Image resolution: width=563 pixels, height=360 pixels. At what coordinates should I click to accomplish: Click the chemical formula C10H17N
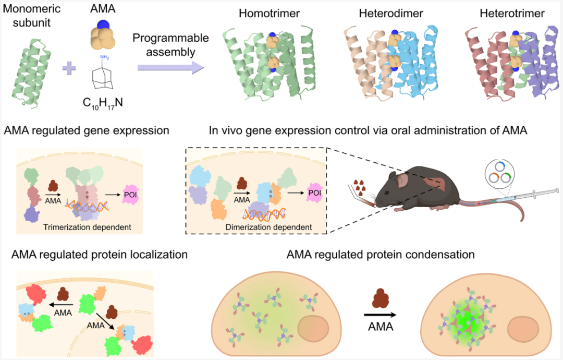[x=103, y=103]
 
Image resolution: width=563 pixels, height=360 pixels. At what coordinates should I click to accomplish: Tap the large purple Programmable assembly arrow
[x=170, y=67]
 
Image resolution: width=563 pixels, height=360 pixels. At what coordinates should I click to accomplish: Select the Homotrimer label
[x=270, y=13]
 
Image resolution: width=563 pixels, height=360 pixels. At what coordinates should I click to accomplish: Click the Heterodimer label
[x=391, y=13]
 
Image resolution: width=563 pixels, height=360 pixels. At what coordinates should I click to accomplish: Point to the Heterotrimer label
[x=512, y=13]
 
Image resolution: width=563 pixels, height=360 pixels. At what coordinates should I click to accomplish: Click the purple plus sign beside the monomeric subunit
[x=69, y=67]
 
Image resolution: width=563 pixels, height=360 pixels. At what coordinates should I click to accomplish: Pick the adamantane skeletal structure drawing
[x=102, y=77]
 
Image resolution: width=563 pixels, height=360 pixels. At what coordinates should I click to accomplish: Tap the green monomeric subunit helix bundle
[x=31, y=73]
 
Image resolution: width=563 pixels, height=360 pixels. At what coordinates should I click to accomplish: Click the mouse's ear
[x=402, y=179]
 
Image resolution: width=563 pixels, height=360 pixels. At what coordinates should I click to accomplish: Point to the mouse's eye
[x=387, y=192]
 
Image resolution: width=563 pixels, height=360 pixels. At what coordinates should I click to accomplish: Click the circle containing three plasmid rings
[x=499, y=173]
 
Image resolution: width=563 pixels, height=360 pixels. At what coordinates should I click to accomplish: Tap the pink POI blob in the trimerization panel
[x=130, y=195]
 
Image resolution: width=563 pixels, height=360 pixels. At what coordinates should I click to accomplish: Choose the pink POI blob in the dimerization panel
[x=314, y=193]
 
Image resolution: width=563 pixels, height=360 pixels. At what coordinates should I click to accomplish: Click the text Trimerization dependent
[x=87, y=227]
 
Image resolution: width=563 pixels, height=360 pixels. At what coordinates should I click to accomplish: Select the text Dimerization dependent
[x=268, y=227]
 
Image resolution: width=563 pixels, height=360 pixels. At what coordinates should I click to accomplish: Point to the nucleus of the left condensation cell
[x=313, y=329]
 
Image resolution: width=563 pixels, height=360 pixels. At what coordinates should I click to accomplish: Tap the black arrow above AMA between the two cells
[x=380, y=315]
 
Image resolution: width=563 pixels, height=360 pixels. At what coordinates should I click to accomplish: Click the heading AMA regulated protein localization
[x=100, y=255]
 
